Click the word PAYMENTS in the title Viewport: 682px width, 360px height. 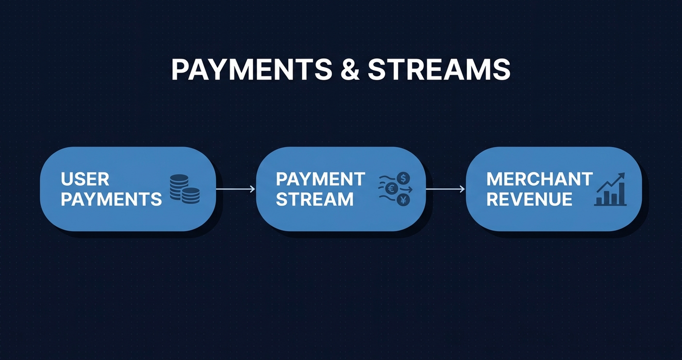click(x=252, y=70)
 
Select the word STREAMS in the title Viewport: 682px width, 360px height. click(x=438, y=70)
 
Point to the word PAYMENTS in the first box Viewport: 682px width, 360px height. click(x=111, y=199)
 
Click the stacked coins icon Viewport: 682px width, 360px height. click(x=184, y=189)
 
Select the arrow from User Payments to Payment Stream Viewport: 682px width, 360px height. click(x=235, y=190)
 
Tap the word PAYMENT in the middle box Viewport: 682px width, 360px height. click(x=320, y=180)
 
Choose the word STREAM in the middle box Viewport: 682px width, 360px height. click(x=314, y=199)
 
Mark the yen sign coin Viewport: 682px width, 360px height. click(x=403, y=200)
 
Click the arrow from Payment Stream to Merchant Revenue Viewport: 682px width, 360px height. click(x=445, y=190)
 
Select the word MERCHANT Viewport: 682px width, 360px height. click(x=539, y=180)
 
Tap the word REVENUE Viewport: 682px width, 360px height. click(x=529, y=199)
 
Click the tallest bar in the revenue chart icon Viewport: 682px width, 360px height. click(x=621, y=193)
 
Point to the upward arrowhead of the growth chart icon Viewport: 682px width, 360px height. click(x=621, y=176)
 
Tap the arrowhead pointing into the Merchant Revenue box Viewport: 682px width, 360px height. click(x=462, y=190)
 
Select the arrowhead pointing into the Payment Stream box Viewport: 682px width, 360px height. click(x=252, y=190)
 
